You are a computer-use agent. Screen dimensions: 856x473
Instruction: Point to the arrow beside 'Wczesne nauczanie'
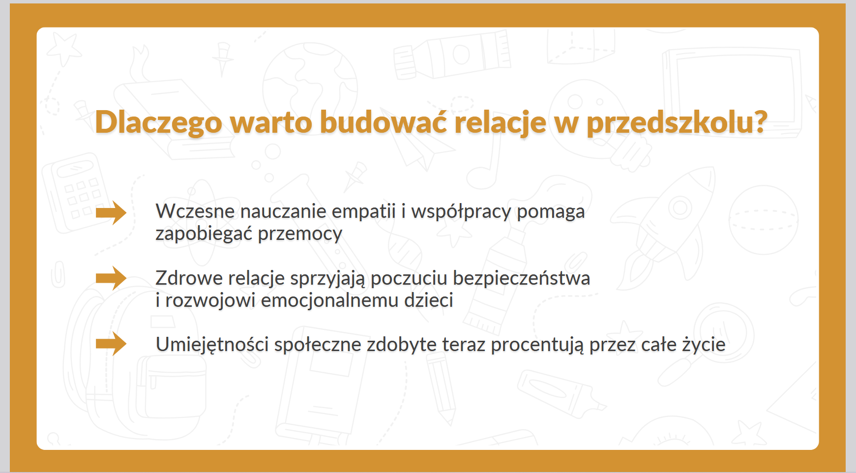[111, 213]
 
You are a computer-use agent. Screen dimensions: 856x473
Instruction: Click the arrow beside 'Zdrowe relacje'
[111, 278]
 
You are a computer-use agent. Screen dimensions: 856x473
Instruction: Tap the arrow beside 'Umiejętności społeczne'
[111, 344]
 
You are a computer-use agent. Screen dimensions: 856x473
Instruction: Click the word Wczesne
[195, 211]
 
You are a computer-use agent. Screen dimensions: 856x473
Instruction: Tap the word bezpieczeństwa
[521, 278]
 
